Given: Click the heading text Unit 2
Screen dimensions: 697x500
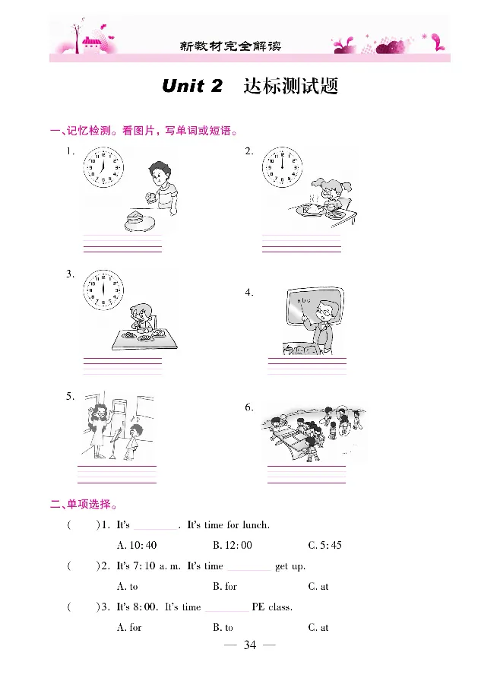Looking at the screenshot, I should (x=192, y=86).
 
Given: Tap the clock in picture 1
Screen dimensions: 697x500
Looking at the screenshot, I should (x=103, y=170).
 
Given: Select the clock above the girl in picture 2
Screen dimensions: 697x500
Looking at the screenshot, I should (x=281, y=169).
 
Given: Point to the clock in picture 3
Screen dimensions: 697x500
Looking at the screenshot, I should (x=103, y=290).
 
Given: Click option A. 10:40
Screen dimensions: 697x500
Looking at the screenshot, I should (x=137, y=546).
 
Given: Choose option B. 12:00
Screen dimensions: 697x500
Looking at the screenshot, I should (x=233, y=546).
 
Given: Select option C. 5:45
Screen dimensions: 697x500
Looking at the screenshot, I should (x=325, y=546).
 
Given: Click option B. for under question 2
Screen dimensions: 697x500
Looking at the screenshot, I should (x=226, y=587).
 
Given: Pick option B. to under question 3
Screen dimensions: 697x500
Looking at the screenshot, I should (x=223, y=628).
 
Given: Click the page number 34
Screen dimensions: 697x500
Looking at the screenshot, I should (x=250, y=646).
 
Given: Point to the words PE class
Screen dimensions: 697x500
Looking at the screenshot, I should (x=272, y=607).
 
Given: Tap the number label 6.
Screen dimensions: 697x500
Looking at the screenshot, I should (x=248, y=408).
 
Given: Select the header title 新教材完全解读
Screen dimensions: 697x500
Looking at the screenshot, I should (x=230, y=46).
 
